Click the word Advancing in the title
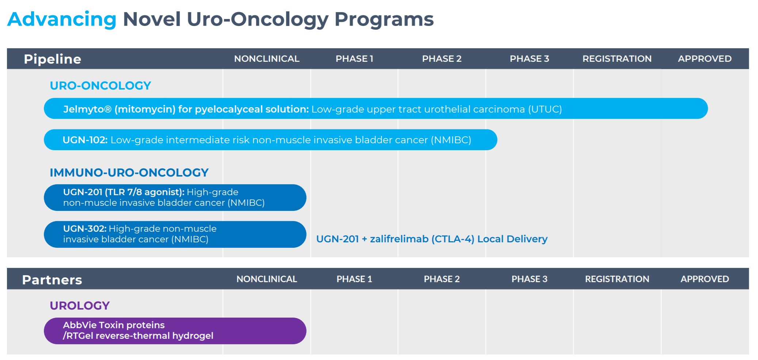pos(62,19)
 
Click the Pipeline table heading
pos(52,59)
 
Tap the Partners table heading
pos(52,280)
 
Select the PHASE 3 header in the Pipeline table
pos(529,59)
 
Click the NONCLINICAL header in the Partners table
pos(267,279)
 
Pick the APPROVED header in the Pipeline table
pos(705,59)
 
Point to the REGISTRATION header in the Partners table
pos(617,279)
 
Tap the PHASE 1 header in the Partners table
pos(354,279)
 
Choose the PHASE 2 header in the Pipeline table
pos(442,59)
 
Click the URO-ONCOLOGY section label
pos(100,86)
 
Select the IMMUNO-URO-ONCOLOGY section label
pos(129,173)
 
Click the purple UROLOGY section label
pos(80,306)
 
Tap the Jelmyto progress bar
pos(376,109)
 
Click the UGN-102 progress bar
pos(270,140)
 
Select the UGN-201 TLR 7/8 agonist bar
pos(175,197)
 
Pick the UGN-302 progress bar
pos(175,234)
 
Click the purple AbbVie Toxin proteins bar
pos(175,331)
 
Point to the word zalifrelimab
pos(399,239)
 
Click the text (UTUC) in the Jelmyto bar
pos(545,109)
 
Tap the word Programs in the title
pos(384,19)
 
